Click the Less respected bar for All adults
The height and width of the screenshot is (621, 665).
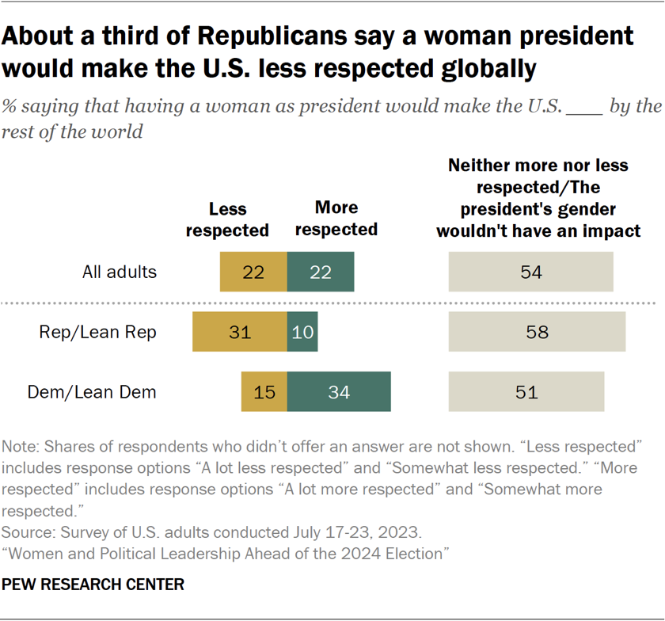253,272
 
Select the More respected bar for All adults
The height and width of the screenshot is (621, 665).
321,272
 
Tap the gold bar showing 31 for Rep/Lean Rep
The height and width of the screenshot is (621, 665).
240,332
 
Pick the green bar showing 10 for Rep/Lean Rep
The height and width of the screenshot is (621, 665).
302,332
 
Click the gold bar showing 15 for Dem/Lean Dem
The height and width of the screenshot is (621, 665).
264,391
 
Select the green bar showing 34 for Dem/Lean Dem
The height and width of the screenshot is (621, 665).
339,391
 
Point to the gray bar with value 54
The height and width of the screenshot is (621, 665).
530,272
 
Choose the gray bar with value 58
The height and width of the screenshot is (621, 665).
537,332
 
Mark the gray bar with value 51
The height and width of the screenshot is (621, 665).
526,391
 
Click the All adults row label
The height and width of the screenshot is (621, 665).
120,272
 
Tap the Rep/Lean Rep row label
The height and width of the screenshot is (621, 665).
98,332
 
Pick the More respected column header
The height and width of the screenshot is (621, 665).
336,218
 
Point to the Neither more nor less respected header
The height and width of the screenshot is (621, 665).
538,198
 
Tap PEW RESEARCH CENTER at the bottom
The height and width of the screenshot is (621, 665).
93,585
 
